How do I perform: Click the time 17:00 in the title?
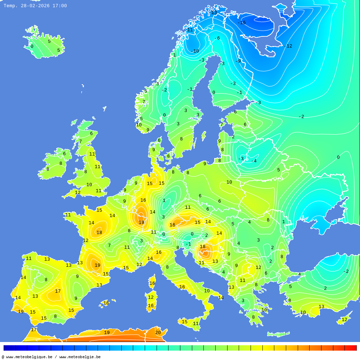pyautogui.click(x=60, y=6)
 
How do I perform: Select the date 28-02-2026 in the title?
pyautogui.click(x=35, y=6)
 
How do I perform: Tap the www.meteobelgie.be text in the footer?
pyautogui.click(x=80, y=357)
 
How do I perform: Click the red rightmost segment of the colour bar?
pyautogui.click(x=351, y=348)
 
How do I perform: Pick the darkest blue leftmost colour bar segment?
pyautogui.click(x=9, y=348)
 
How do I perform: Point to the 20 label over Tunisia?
pyautogui.click(x=158, y=333)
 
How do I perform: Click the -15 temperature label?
pyautogui.click(x=242, y=23)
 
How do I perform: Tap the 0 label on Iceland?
pyautogui.click(x=32, y=46)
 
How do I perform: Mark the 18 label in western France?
pyautogui.click(x=99, y=233)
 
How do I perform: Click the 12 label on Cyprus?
pyautogui.click(x=345, y=320)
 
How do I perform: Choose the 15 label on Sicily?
pyautogui.click(x=185, y=322)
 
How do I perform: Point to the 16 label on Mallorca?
pyautogui.click(x=106, y=303)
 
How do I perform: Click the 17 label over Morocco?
pyautogui.click(x=33, y=329)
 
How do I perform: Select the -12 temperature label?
pyautogui.click(x=288, y=46)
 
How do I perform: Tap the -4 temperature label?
pyautogui.click(x=254, y=161)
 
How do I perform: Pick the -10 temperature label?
pyautogui.click(x=195, y=51)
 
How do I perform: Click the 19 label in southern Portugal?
pyautogui.click(x=21, y=312)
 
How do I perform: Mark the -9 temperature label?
pyautogui.click(x=238, y=61)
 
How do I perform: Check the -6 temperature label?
pyautogui.click(x=217, y=38)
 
